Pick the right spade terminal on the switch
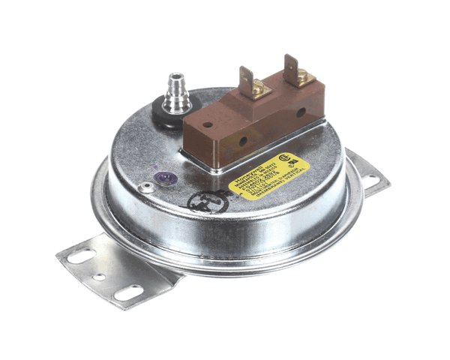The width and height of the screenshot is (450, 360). click(289, 65)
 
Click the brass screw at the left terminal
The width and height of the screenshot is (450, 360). click(256, 90)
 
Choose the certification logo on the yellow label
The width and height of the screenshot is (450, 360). click(286, 160)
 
